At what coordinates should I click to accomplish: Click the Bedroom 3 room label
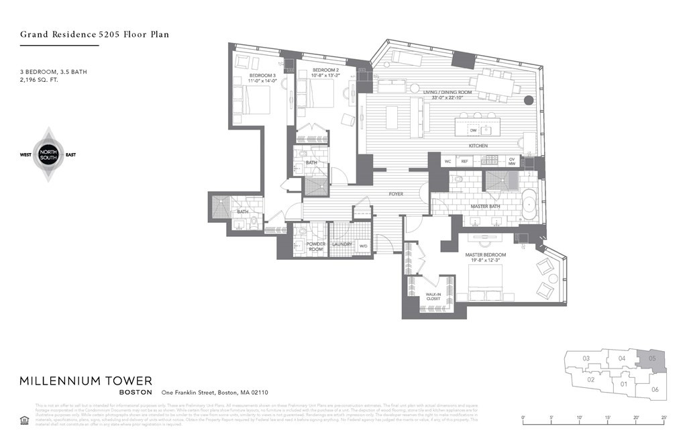tap(262, 75)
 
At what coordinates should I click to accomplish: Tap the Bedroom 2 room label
tap(325, 70)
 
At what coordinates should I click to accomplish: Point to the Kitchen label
tap(478, 146)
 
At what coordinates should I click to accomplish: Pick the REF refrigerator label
tap(464, 162)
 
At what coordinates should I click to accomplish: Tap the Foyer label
tap(396, 195)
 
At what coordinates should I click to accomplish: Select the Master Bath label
tap(483, 206)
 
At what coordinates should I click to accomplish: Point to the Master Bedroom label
tap(486, 255)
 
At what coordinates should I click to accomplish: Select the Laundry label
tap(342, 244)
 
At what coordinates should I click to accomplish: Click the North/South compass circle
tap(48, 154)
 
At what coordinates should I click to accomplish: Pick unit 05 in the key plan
tap(653, 360)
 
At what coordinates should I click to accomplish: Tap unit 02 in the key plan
tap(591, 380)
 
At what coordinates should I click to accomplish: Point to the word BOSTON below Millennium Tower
tap(135, 393)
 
